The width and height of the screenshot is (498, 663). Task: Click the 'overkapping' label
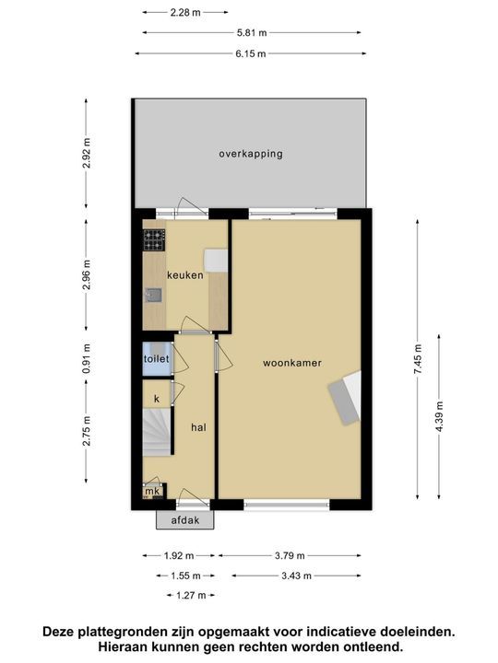point(250,154)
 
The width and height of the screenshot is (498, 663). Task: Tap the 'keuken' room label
point(184,275)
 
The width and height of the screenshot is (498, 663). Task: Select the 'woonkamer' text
point(291,363)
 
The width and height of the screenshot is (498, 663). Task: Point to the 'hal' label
point(198,427)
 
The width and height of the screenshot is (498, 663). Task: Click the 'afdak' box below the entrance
point(184,520)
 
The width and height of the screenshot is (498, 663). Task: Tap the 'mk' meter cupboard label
point(150,493)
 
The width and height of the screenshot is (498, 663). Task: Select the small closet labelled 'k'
point(157,398)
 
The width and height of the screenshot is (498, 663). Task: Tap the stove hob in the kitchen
point(154,239)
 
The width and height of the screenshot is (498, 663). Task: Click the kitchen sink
point(154,296)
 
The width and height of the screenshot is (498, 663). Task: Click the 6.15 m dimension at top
point(250,54)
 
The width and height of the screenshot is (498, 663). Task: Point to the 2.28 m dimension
point(186,13)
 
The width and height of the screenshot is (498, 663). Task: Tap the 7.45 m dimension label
point(417,354)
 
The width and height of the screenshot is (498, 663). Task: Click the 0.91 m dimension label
point(87,355)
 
